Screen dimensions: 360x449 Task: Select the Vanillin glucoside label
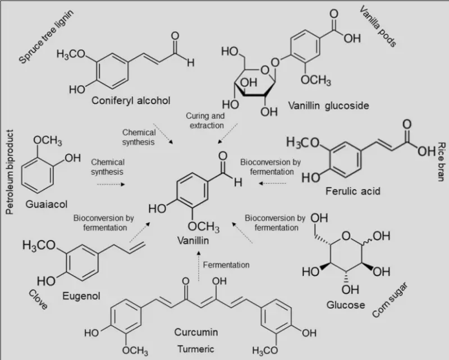(322, 105)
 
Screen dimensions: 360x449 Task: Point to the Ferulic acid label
(352, 192)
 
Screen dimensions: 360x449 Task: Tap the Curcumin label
(195, 333)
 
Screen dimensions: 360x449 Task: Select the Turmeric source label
(195, 348)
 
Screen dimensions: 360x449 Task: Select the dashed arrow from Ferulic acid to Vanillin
(272, 183)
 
